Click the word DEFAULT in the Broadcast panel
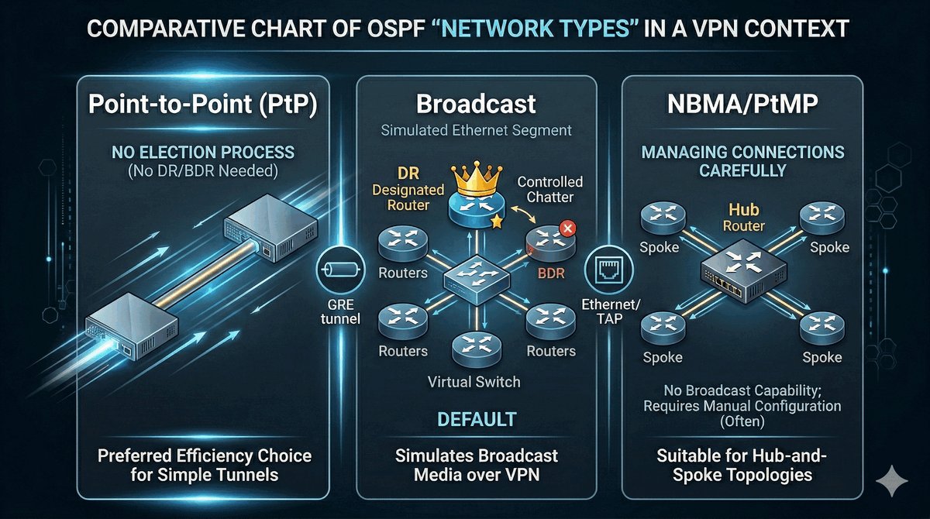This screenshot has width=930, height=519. [477, 420]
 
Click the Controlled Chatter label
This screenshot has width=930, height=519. [551, 191]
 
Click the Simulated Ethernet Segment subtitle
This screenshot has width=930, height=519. [476, 130]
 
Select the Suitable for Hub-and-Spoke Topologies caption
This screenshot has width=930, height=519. [742, 464]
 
